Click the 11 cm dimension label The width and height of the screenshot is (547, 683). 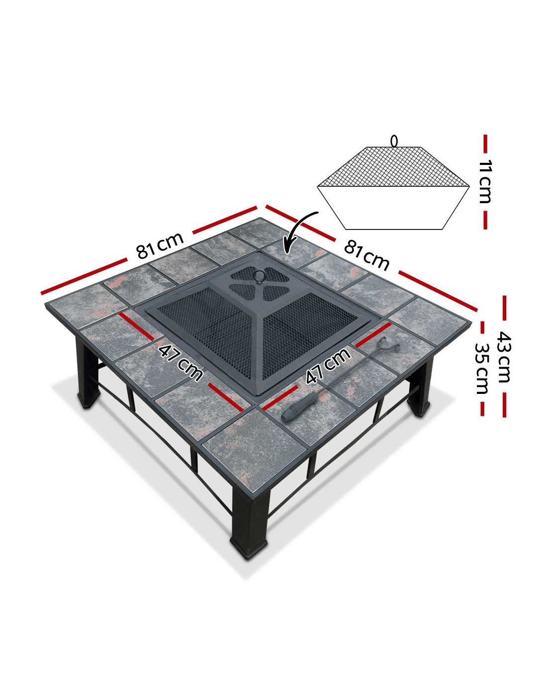pyautogui.click(x=485, y=181)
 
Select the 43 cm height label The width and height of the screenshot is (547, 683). pyautogui.click(x=504, y=357)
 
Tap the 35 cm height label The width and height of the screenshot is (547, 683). pyautogui.click(x=482, y=368)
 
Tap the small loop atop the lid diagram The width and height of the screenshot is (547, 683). pyautogui.click(x=394, y=141)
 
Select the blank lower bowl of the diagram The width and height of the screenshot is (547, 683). pyautogui.click(x=393, y=208)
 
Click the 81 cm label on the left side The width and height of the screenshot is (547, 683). pyautogui.click(x=160, y=245)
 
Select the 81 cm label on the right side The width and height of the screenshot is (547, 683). pyautogui.click(x=366, y=256)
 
